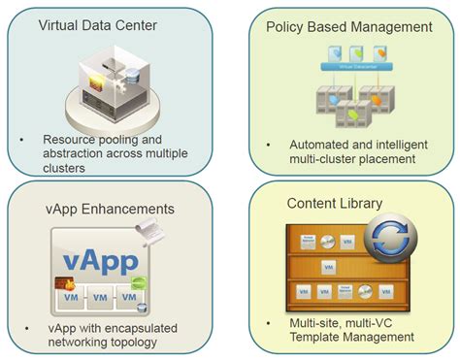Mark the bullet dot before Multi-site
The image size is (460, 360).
pos(265,321)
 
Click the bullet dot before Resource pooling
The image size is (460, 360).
pos(23,139)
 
